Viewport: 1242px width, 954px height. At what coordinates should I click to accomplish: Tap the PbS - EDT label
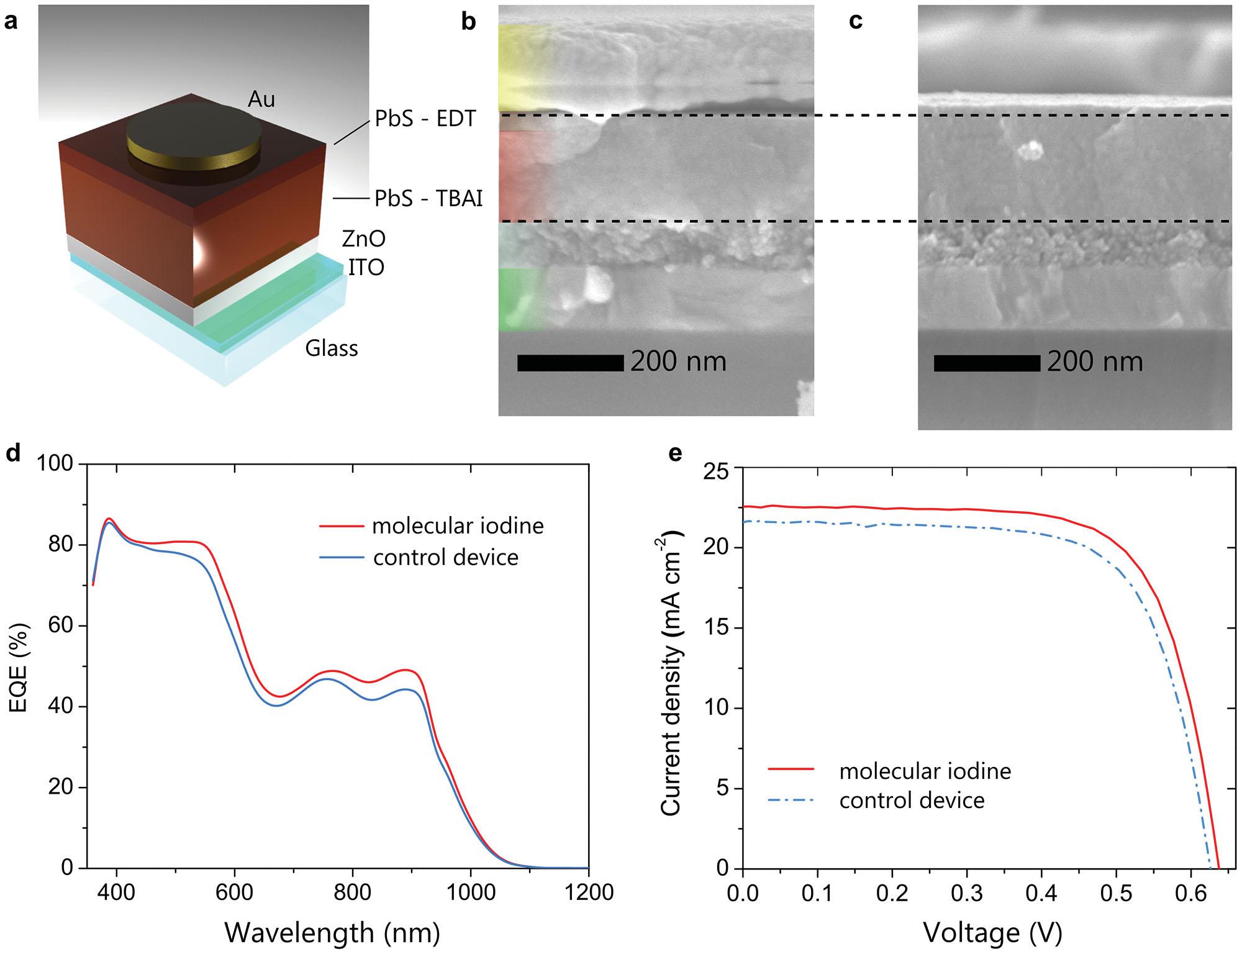click(x=425, y=119)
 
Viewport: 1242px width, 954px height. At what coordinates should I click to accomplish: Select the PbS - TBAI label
click(x=428, y=199)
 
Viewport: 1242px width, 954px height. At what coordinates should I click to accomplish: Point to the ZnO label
click(x=363, y=238)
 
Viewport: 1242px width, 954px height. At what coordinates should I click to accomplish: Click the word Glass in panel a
click(x=331, y=348)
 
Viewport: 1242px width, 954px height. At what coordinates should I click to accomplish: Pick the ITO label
click(x=366, y=268)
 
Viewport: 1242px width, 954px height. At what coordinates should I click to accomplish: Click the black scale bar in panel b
click(x=570, y=363)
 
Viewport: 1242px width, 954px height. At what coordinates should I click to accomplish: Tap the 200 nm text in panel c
click(x=1095, y=362)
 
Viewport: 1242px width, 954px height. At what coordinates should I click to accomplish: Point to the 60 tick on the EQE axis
click(x=60, y=625)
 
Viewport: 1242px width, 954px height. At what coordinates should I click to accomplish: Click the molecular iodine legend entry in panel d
click(x=458, y=526)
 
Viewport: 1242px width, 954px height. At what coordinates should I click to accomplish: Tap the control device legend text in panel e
click(x=912, y=801)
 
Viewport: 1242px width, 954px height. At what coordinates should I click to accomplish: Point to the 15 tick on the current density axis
click(x=718, y=628)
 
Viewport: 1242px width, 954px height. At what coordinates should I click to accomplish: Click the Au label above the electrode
click(x=261, y=99)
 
